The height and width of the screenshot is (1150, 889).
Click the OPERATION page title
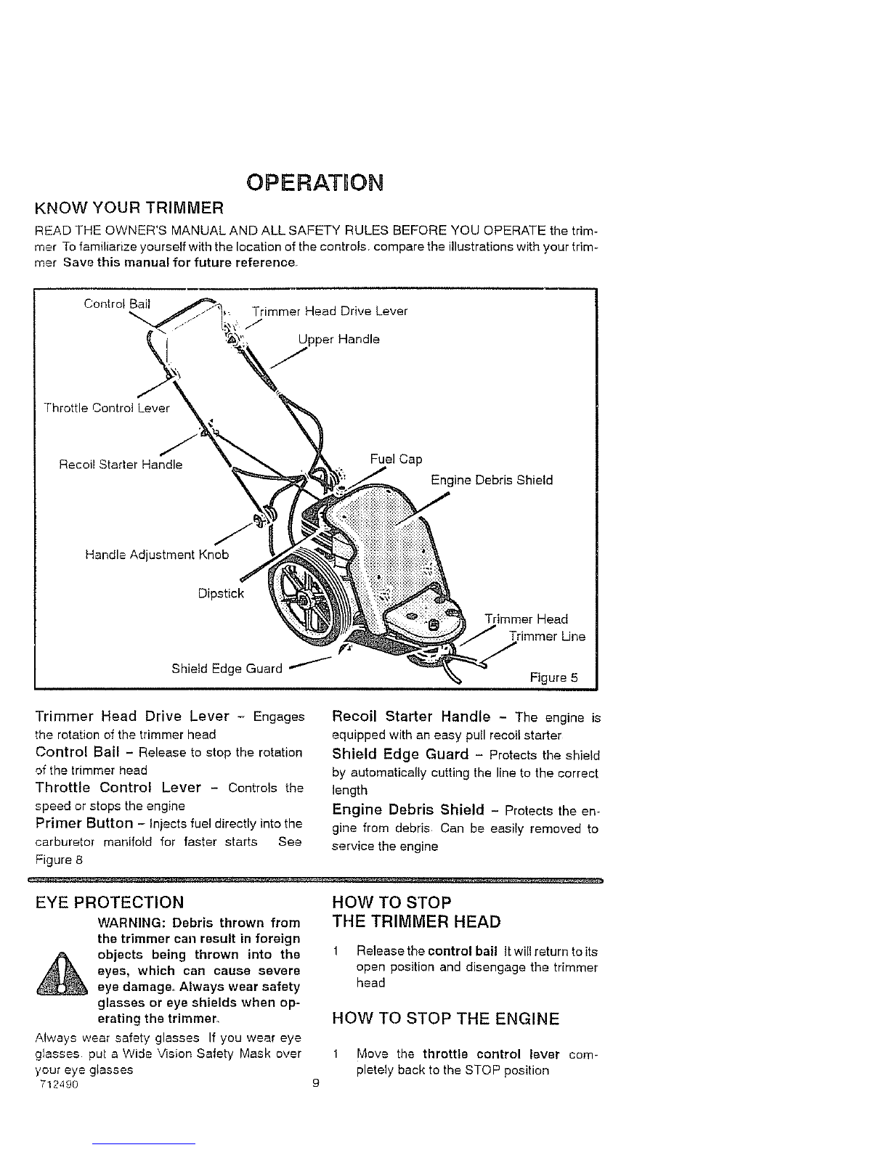click(314, 182)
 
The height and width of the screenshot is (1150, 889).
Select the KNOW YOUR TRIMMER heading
click(129, 208)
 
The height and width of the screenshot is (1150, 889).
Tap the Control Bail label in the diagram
click(117, 303)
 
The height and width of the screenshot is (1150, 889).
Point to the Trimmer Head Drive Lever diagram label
click(330, 311)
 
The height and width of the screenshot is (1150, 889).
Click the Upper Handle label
click(339, 339)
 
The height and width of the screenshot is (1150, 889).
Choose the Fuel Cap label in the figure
click(396, 459)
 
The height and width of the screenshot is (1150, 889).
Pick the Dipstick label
click(221, 593)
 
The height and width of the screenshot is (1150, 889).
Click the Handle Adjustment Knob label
click(157, 555)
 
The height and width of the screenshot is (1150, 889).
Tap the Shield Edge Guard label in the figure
click(227, 669)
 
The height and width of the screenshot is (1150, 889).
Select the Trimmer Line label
click(548, 636)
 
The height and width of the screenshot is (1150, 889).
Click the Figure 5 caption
click(554, 677)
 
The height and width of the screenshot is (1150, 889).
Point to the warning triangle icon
click(62, 975)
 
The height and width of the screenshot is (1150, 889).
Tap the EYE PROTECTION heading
click(110, 902)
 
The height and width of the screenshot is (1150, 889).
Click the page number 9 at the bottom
click(315, 1082)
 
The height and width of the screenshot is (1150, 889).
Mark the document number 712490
click(60, 1084)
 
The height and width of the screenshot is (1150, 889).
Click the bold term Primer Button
click(84, 823)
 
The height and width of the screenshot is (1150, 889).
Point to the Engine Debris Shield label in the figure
click(492, 480)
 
